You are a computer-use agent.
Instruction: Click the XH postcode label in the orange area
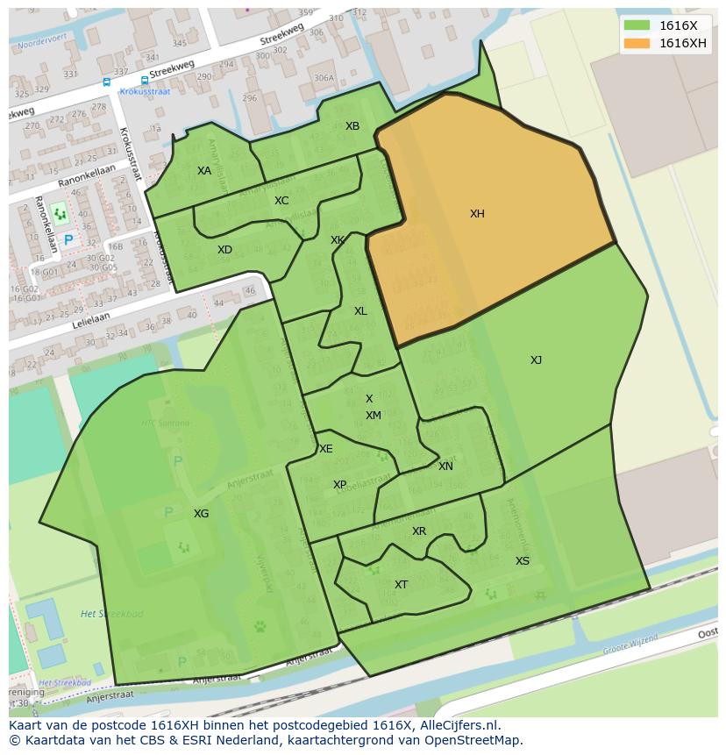(x=477, y=214)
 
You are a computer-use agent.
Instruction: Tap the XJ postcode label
(x=536, y=360)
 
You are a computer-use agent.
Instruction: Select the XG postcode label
(x=202, y=514)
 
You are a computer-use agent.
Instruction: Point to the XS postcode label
(x=523, y=561)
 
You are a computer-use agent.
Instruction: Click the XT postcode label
(x=401, y=585)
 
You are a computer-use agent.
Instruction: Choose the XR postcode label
(x=419, y=531)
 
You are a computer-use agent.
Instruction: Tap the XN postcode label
(x=445, y=467)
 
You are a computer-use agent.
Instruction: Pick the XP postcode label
(x=339, y=485)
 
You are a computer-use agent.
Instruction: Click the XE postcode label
(x=326, y=449)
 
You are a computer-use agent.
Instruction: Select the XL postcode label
(x=360, y=311)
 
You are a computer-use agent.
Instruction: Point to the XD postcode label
(x=224, y=250)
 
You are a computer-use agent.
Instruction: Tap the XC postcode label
(x=281, y=201)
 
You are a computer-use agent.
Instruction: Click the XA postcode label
(x=204, y=171)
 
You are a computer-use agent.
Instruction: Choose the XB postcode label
(x=352, y=126)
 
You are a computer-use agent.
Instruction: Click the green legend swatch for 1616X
(x=637, y=26)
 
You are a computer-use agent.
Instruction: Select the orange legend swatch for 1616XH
(x=637, y=43)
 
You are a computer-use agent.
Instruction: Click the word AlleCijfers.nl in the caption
(x=459, y=725)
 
